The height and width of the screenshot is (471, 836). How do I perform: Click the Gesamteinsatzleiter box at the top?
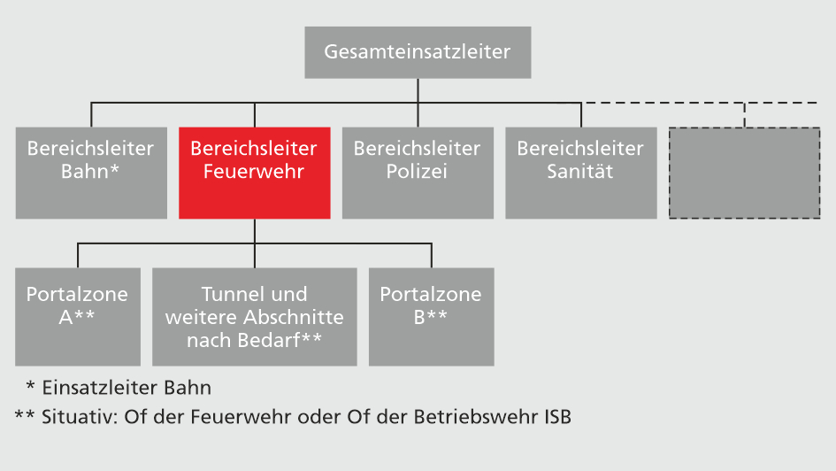point(418,52)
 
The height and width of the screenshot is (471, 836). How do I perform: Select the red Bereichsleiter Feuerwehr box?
point(255,173)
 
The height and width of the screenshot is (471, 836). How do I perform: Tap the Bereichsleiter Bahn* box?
point(91,173)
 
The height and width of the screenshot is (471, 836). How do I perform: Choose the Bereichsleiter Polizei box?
point(418,173)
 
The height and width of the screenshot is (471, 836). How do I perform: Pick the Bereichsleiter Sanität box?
point(581,173)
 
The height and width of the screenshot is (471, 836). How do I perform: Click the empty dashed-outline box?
point(744,173)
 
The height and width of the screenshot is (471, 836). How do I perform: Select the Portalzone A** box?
point(78,316)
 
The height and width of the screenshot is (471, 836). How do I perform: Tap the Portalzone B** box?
point(432,316)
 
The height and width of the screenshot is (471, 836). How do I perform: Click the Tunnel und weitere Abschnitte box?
point(255,316)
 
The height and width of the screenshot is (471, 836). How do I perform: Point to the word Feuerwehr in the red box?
point(254,172)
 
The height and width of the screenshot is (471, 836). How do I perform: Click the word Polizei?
point(417,172)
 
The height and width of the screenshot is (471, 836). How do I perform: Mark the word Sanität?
point(580,172)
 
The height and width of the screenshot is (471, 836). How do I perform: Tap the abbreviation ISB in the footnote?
point(553,416)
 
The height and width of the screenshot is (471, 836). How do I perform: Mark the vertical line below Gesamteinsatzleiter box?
point(418,90)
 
